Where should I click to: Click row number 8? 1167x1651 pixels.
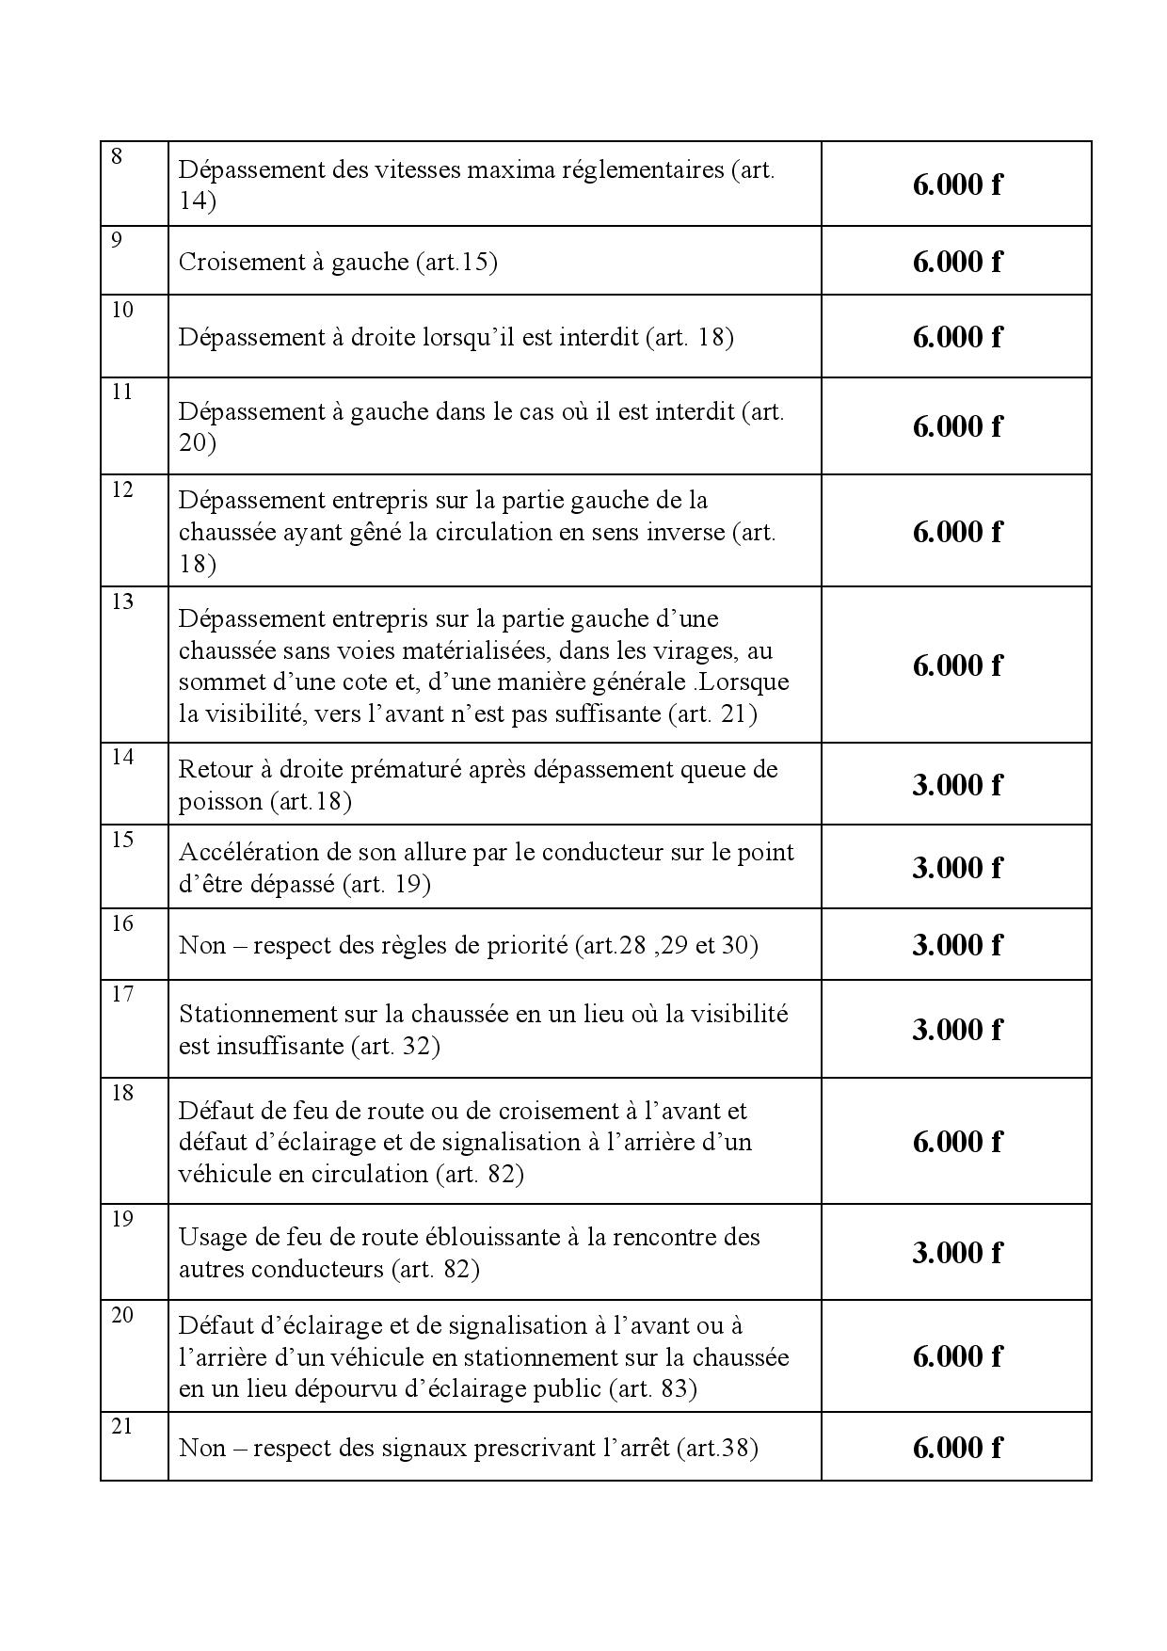[117, 157]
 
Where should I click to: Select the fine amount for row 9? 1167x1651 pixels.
[956, 262]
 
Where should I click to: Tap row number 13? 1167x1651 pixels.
[122, 601]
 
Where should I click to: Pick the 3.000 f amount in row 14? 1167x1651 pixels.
[956, 785]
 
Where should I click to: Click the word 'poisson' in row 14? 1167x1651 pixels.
[220, 801]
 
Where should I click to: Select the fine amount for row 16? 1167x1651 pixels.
[956, 945]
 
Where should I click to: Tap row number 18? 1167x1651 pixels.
[122, 1093]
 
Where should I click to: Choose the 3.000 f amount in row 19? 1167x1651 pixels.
[956, 1253]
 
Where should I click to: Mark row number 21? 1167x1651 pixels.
[122, 1426]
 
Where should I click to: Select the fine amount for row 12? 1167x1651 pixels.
[956, 532]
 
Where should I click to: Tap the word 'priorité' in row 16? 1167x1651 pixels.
[523, 945]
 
